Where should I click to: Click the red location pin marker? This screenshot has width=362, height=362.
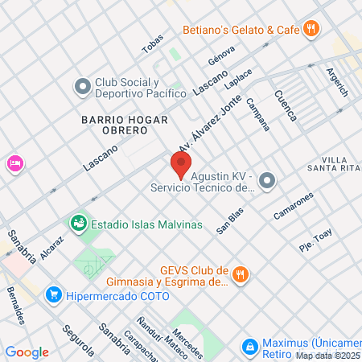(x=180, y=164)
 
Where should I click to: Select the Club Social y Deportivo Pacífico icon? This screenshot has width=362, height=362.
(x=82, y=85)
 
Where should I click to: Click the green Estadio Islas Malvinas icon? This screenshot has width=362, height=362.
(x=78, y=223)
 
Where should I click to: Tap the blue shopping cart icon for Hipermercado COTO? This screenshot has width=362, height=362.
(x=54, y=295)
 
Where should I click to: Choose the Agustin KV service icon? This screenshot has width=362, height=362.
(x=268, y=180)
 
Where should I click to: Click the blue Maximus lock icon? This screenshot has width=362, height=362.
(x=250, y=346)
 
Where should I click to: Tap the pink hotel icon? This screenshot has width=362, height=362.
(x=14, y=163)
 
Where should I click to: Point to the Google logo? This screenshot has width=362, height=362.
(x=27, y=352)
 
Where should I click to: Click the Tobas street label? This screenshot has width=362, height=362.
(x=152, y=45)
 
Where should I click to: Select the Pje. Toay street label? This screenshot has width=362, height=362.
(x=315, y=241)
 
